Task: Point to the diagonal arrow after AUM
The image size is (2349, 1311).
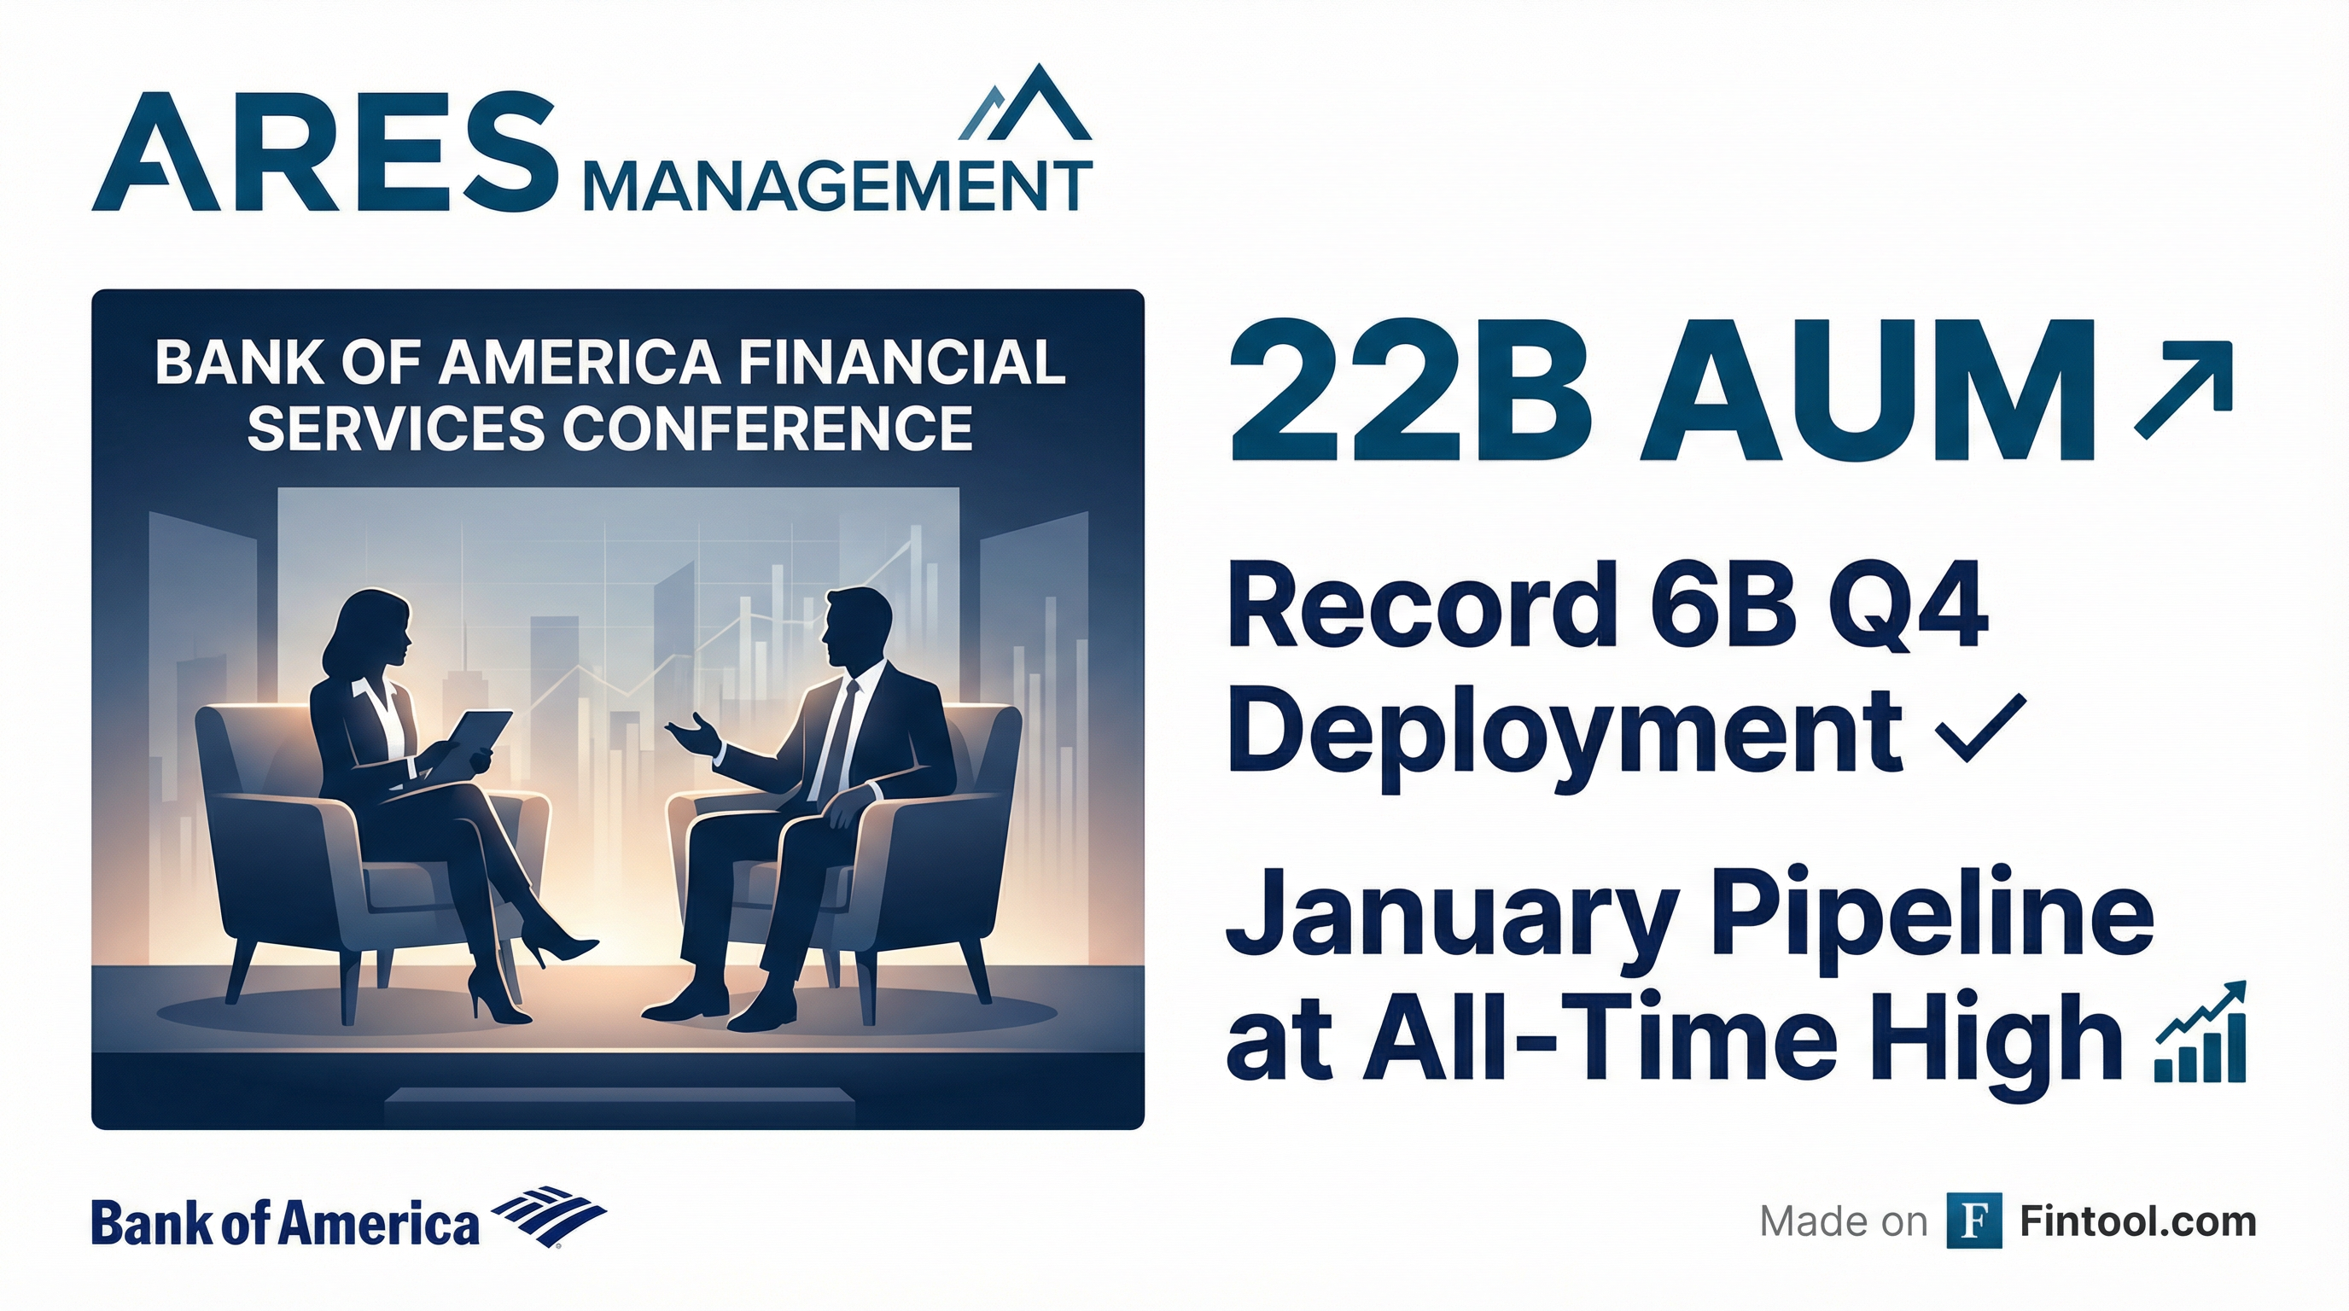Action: (x=2183, y=390)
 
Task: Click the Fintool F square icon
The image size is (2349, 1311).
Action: (x=1974, y=1220)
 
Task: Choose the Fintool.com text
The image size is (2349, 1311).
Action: (x=2138, y=1221)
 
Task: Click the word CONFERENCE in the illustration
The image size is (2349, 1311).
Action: (x=768, y=428)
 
